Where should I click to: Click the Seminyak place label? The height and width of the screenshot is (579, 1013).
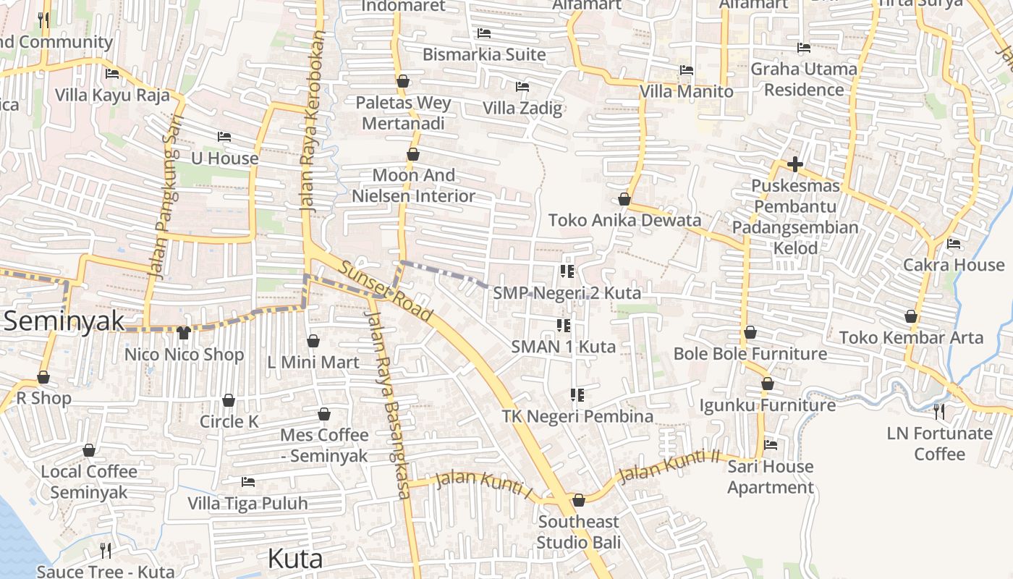(x=64, y=321)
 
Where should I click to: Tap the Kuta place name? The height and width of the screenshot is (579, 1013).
(x=294, y=559)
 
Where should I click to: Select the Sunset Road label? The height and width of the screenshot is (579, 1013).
(x=385, y=291)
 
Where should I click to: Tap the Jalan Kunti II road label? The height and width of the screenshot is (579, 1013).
(x=669, y=466)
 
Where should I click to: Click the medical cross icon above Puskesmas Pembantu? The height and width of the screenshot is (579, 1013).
(x=794, y=164)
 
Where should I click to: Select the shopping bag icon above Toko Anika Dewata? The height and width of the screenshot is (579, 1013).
(x=624, y=199)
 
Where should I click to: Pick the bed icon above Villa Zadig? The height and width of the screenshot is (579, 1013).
(x=522, y=87)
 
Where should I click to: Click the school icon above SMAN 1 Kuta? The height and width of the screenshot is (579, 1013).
(x=564, y=326)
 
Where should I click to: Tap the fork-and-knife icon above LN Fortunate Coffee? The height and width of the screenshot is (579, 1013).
(x=938, y=412)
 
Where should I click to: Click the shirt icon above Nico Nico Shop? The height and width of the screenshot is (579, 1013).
(x=183, y=333)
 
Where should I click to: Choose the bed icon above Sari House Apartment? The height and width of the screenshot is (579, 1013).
(x=770, y=445)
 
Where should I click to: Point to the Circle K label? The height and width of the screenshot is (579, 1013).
(x=229, y=421)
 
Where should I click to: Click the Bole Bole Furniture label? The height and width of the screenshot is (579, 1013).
(x=750, y=353)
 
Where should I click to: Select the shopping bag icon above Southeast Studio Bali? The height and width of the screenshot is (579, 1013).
(x=578, y=500)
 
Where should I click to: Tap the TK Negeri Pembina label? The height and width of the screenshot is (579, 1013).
(x=577, y=416)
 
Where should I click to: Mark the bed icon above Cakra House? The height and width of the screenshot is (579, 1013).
(x=953, y=244)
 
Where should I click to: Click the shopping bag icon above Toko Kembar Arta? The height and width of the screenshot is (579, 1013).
(x=911, y=316)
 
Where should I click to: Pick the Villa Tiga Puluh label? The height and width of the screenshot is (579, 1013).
(x=247, y=503)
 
